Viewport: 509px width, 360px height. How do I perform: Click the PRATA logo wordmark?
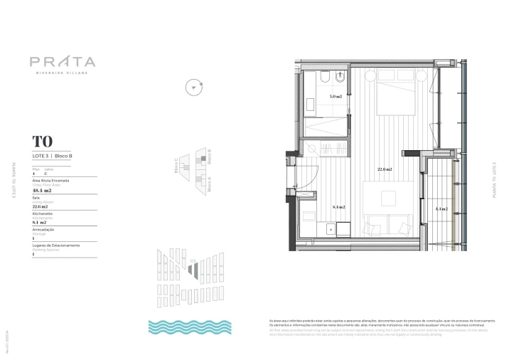[x=63, y=61]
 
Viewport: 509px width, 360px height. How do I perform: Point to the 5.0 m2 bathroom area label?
[x=335, y=96]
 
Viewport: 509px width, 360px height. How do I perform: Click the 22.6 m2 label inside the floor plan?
[x=385, y=169]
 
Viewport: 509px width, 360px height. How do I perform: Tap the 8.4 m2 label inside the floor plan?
[x=338, y=207]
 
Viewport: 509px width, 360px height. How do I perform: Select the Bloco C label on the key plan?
[x=176, y=166]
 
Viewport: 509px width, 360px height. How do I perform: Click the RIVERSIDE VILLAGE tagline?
[x=63, y=73]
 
